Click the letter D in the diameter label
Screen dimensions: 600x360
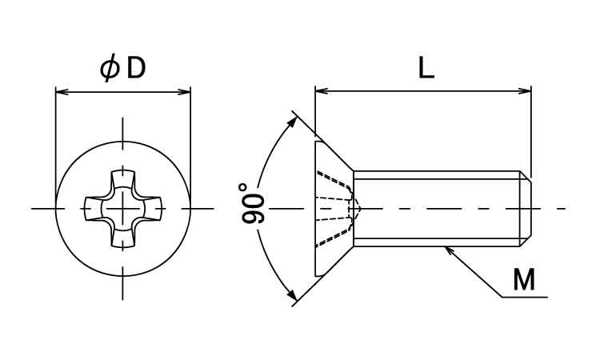[x=136, y=68]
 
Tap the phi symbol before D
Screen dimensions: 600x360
[x=109, y=68]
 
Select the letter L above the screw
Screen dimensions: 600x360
[x=426, y=68]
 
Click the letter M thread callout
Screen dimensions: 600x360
[x=524, y=280]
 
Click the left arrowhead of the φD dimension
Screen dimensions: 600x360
[x=62, y=92]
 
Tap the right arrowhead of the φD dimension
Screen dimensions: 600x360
[x=185, y=92]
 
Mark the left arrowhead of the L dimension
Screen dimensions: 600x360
[x=322, y=91]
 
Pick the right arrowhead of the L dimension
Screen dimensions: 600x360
[x=525, y=91]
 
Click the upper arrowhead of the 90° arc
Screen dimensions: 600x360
[x=292, y=122]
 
